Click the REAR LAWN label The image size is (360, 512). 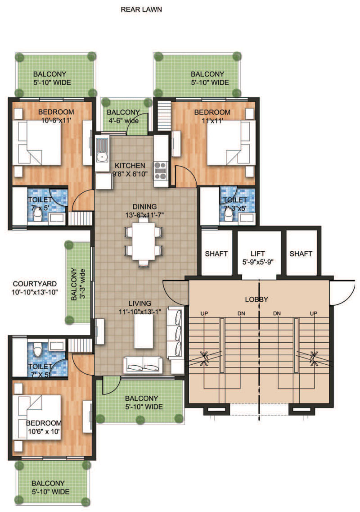coord(141,9)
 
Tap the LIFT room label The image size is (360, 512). coord(257,254)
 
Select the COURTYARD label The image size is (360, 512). coord(35,284)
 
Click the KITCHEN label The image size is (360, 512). coord(130,166)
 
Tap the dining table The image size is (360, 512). coord(143,241)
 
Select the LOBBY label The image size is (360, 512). coord(256,299)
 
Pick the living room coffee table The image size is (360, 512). coord(143,331)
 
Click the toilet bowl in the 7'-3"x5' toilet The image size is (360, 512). coord(229,213)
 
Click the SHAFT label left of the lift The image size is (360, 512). coord(216,254)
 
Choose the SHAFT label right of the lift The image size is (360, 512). coord(301,254)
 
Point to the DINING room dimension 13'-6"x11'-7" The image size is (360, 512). coord(144,214)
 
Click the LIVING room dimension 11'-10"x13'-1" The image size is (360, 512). coord(139,312)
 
